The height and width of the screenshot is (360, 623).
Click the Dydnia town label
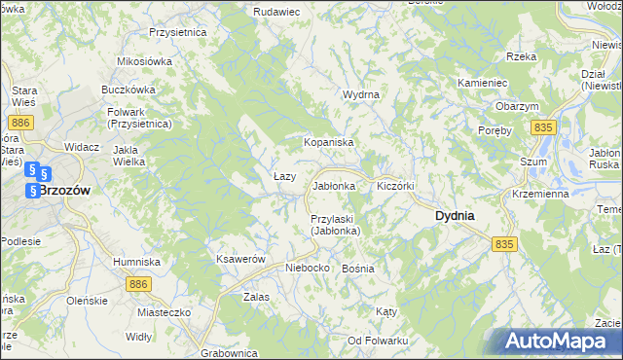tap(454, 216)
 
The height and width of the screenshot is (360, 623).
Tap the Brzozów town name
tap(64, 192)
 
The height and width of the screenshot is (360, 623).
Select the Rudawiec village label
tap(275, 11)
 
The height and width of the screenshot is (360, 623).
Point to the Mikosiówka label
tap(144, 61)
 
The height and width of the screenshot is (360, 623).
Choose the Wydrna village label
tap(360, 94)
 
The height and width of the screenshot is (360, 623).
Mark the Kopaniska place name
tap(327, 142)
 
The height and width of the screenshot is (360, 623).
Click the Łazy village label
tap(284, 176)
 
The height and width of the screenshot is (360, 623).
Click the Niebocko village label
tap(307, 268)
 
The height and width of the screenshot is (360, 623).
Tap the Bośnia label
tap(358, 268)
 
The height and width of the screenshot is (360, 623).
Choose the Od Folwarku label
tap(378, 341)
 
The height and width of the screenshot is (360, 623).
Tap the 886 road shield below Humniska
tap(138, 283)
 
